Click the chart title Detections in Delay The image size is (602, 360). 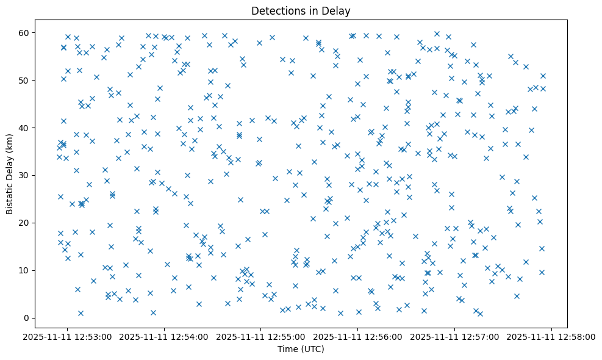pos(301,11)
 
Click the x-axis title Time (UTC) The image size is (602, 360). pos(301,349)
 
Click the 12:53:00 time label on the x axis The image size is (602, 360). pos(68,336)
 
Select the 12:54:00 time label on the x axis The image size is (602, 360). pos(165,336)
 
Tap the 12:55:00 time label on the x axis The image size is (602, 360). pos(262,336)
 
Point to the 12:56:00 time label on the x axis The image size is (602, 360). pos(359,336)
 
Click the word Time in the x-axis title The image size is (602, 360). pos(287,349)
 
